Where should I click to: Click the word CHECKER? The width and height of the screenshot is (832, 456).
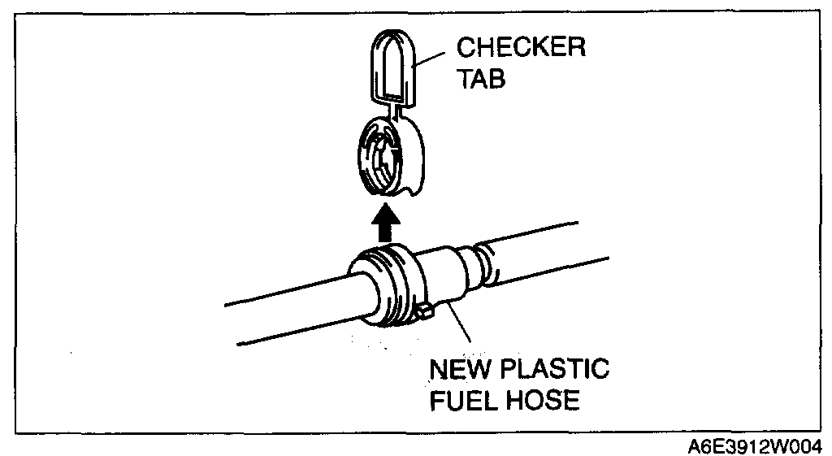coord(520,49)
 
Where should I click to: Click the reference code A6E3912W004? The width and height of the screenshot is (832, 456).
coord(754,445)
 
